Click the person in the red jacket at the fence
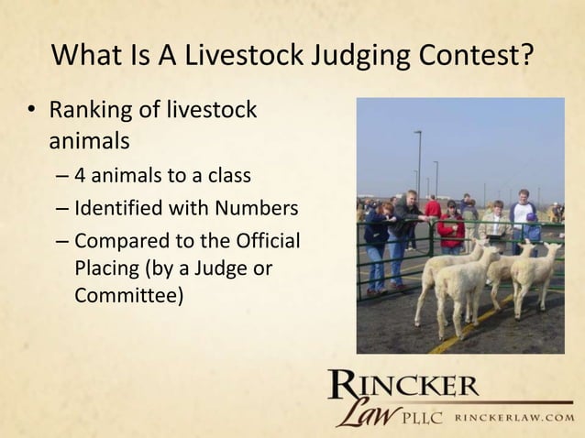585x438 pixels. pos(450,225)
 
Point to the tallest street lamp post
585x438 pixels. pos(419,165)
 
